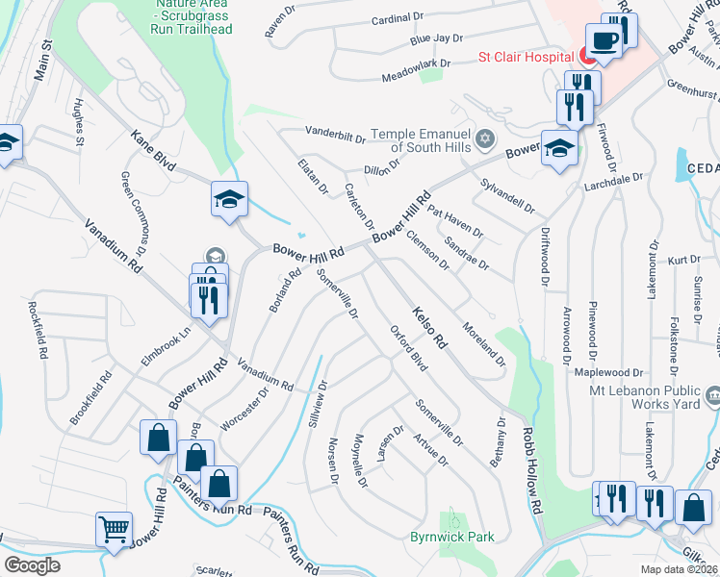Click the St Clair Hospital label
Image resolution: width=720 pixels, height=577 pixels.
coord(527,56)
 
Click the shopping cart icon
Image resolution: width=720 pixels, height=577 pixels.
coord(114,528)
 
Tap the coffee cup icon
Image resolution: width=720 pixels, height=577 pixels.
coord(604,40)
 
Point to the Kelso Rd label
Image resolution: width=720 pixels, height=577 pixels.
coord(430,327)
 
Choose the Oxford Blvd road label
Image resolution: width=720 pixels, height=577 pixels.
coord(408,348)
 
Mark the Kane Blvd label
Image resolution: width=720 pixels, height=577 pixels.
coord(153,152)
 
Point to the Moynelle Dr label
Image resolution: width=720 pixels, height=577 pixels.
coord(360,459)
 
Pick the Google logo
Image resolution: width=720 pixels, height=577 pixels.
coord(33,565)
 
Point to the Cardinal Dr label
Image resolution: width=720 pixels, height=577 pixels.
coord(397,17)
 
